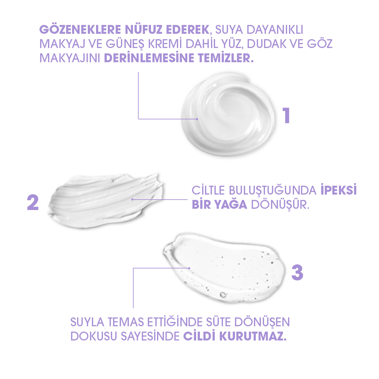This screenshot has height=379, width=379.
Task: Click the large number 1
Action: pos(286,116)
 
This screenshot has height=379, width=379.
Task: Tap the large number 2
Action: pos(33,202)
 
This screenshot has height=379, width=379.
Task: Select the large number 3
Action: pos(297,272)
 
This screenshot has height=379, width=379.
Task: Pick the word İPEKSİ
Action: pos(339,190)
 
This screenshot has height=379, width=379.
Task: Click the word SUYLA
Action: pos(87,322)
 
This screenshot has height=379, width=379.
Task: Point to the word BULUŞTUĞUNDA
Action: pos(273,190)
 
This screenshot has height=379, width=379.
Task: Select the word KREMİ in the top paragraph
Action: pos(171,44)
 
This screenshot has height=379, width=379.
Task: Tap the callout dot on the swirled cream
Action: pos(197,119)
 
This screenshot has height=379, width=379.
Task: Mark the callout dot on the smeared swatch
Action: pos(132,199)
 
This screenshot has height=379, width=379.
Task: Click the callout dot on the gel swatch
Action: pos(189,268)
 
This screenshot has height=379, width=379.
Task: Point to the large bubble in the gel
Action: pos(223,295)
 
